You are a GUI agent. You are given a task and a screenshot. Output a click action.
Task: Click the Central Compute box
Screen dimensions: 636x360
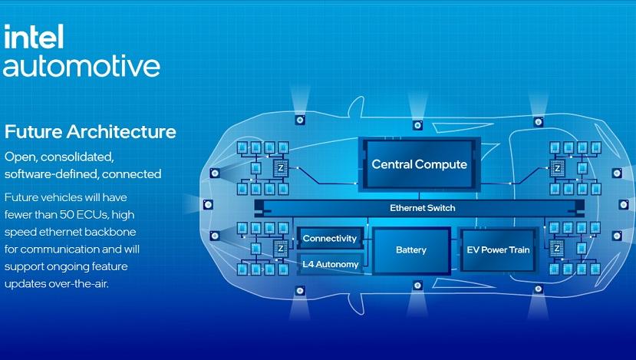[420, 164]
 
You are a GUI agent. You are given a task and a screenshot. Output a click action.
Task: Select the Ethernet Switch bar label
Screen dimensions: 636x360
[422, 208]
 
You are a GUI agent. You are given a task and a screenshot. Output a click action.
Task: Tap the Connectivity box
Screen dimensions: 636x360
[330, 238]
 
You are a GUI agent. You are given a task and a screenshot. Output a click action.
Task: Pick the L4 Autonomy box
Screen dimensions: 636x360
[330, 264]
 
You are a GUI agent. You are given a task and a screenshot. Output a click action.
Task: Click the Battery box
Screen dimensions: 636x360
[411, 250]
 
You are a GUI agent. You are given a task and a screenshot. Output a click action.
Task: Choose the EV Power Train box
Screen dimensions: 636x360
[498, 250]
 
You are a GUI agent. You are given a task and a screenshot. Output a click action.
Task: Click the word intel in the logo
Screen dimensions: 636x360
[34, 37]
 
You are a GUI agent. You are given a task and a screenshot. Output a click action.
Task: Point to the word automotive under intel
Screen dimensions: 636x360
[81, 66]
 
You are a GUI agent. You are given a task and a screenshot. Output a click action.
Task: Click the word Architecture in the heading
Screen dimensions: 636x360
[121, 132]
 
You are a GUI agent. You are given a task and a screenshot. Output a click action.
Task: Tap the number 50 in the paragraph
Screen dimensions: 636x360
[67, 214]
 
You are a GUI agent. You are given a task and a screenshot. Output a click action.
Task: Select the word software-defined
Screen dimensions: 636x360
[51, 174]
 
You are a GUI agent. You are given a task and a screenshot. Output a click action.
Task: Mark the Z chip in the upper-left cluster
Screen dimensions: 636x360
[280, 168]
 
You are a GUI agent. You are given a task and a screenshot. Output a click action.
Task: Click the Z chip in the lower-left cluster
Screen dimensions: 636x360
[280, 248]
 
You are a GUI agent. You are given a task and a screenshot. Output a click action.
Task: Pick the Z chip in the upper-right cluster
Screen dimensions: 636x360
[557, 168]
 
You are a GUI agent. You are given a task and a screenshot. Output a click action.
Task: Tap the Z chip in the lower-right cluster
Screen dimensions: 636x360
[556, 248]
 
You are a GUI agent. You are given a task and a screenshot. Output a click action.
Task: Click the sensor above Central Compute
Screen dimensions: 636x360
[417, 125]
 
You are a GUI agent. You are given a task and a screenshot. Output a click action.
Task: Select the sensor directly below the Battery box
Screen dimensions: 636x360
[417, 286]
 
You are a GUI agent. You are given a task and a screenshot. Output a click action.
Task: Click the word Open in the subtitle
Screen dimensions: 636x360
[21, 157]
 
